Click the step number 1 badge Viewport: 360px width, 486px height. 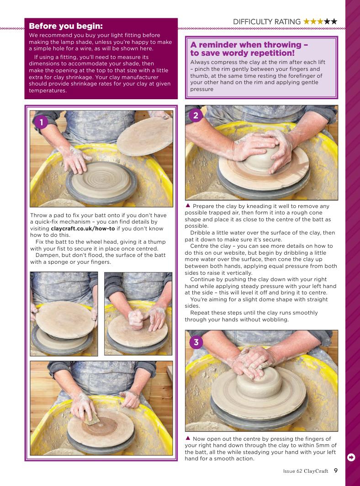coord(41,122)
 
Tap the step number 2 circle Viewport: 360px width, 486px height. coord(196,116)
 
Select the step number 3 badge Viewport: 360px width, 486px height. coord(196,342)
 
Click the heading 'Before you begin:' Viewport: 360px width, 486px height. coord(66,26)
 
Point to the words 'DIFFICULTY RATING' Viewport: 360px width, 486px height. coord(267,21)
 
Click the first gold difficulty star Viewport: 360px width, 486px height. coord(307,21)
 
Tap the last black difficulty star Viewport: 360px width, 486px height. coord(334,21)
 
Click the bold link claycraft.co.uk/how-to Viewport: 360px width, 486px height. coord(83,229)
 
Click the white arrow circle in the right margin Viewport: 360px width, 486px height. coord(351,457)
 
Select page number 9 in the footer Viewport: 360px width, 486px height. coord(336,470)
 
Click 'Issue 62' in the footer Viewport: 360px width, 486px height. coord(292,471)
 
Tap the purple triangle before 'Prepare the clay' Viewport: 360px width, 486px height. coord(188,205)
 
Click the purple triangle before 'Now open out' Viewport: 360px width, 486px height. coord(188,438)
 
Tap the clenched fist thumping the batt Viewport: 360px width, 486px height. coord(136,319)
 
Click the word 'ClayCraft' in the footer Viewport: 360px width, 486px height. coord(316,471)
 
